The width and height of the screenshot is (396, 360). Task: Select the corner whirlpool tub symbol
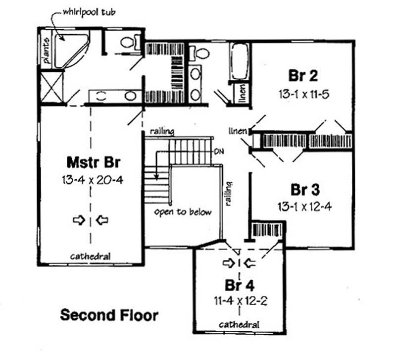[x=69, y=49]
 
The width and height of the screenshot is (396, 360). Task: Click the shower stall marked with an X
[x=52, y=87]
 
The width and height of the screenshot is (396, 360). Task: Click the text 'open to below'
[x=182, y=212]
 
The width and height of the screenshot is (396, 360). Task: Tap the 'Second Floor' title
[x=109, y=314]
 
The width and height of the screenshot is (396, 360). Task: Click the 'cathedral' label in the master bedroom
[x=90, y=257]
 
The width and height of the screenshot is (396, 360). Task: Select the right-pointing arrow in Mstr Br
[x=79, y=220]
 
